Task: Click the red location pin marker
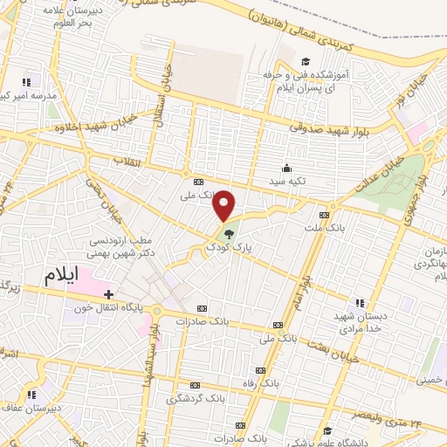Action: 224,204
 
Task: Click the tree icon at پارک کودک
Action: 229,233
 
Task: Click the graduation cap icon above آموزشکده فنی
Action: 306,61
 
